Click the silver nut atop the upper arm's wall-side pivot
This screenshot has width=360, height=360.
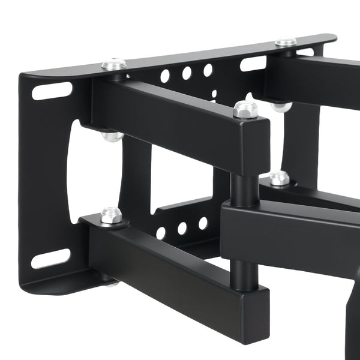coord(113,64)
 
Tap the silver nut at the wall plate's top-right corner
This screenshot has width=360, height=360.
coord(286,43)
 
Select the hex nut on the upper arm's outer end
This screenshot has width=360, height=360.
coord(245,109)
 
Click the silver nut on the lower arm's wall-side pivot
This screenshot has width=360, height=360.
coord(111,215)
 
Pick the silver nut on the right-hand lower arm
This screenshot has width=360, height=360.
coord(279,178)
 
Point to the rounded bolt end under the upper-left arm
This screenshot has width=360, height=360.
coord(112,137)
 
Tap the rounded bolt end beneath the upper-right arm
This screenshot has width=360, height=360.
coord(281,107)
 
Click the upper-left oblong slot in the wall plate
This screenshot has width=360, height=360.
coord(52,91)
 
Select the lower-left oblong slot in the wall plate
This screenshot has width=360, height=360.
coord(50,259)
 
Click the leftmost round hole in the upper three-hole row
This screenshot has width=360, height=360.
coord(164,76)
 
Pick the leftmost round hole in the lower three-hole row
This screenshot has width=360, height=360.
coord(161,233)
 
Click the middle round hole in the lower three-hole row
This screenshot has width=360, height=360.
coord(182,229)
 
